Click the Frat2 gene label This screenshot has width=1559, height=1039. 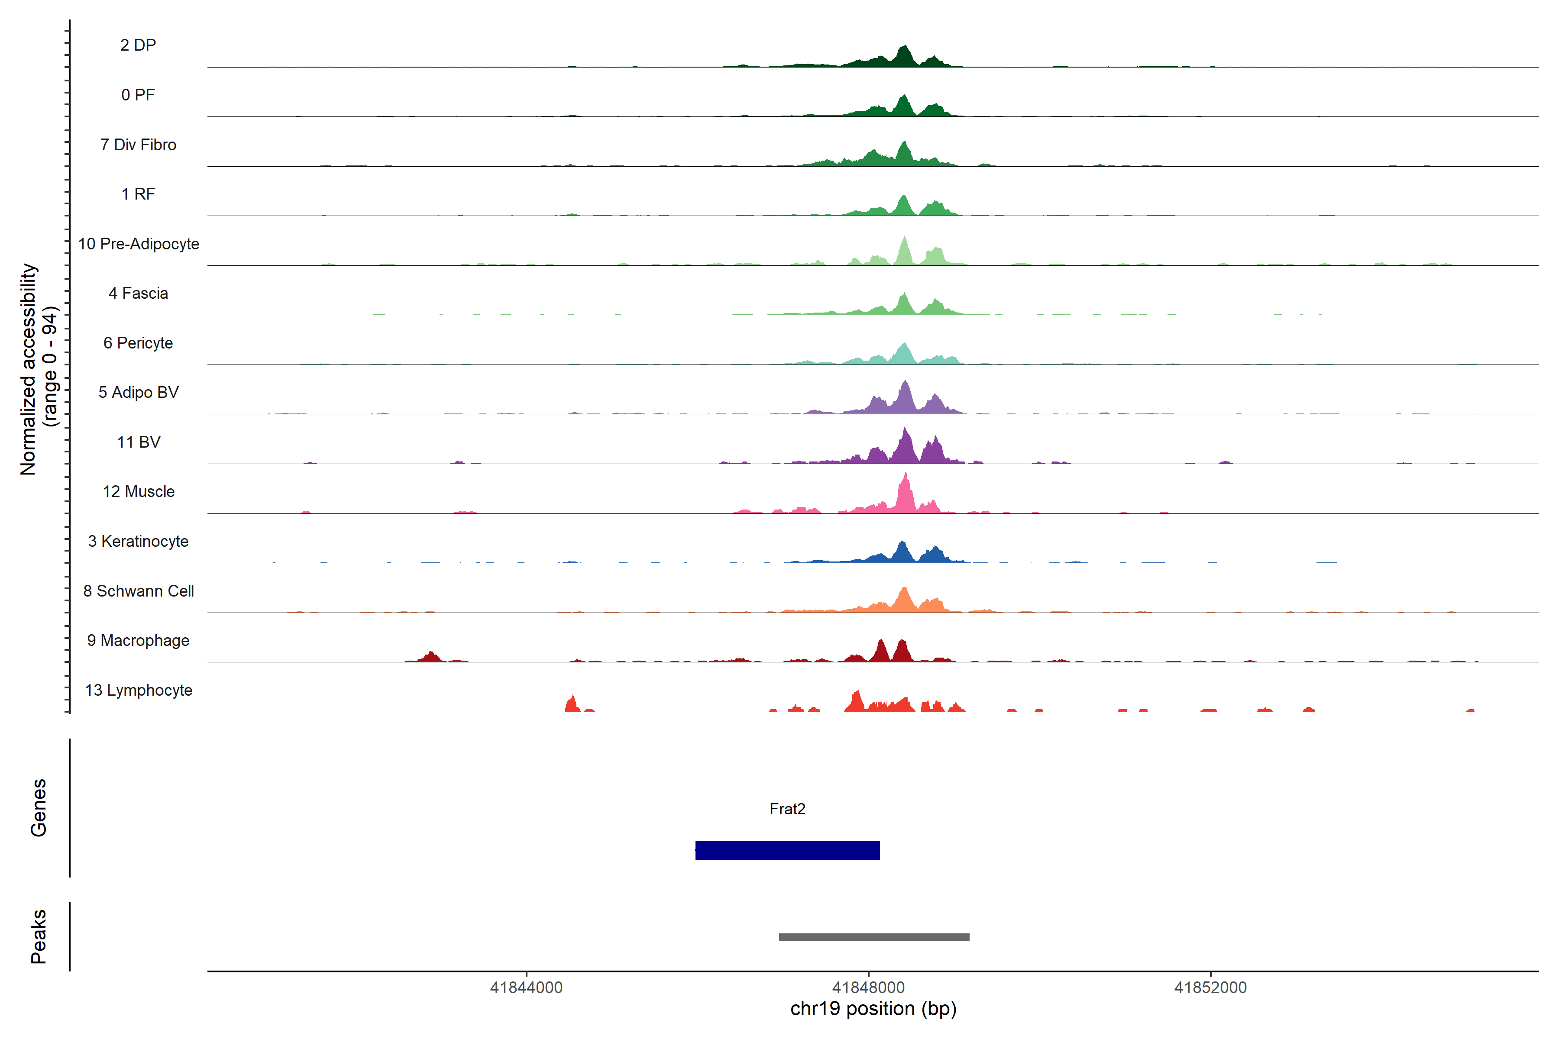(x=787, y=809)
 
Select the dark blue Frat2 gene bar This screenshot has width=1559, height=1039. (x=787, y=850)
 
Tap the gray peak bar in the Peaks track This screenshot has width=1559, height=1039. (x=873, y=937)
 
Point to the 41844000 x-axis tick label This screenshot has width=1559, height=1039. (x=526, y=988)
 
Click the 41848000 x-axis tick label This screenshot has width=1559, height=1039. (x=868, y=988)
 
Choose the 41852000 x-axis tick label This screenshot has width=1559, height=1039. (x=1210, y=988)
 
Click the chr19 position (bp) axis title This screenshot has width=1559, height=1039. (x=873, y=1009)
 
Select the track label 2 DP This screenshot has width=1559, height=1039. (x=138, y=45)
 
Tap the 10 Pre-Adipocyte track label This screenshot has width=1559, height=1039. (x=139, y=244)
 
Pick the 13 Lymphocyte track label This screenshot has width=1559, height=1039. (x=139, y=691)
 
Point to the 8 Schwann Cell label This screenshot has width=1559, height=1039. (x=139, y=591)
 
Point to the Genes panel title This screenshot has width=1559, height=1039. (x=39, y=808)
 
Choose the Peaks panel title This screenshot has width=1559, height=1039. (x=39, y=936)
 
